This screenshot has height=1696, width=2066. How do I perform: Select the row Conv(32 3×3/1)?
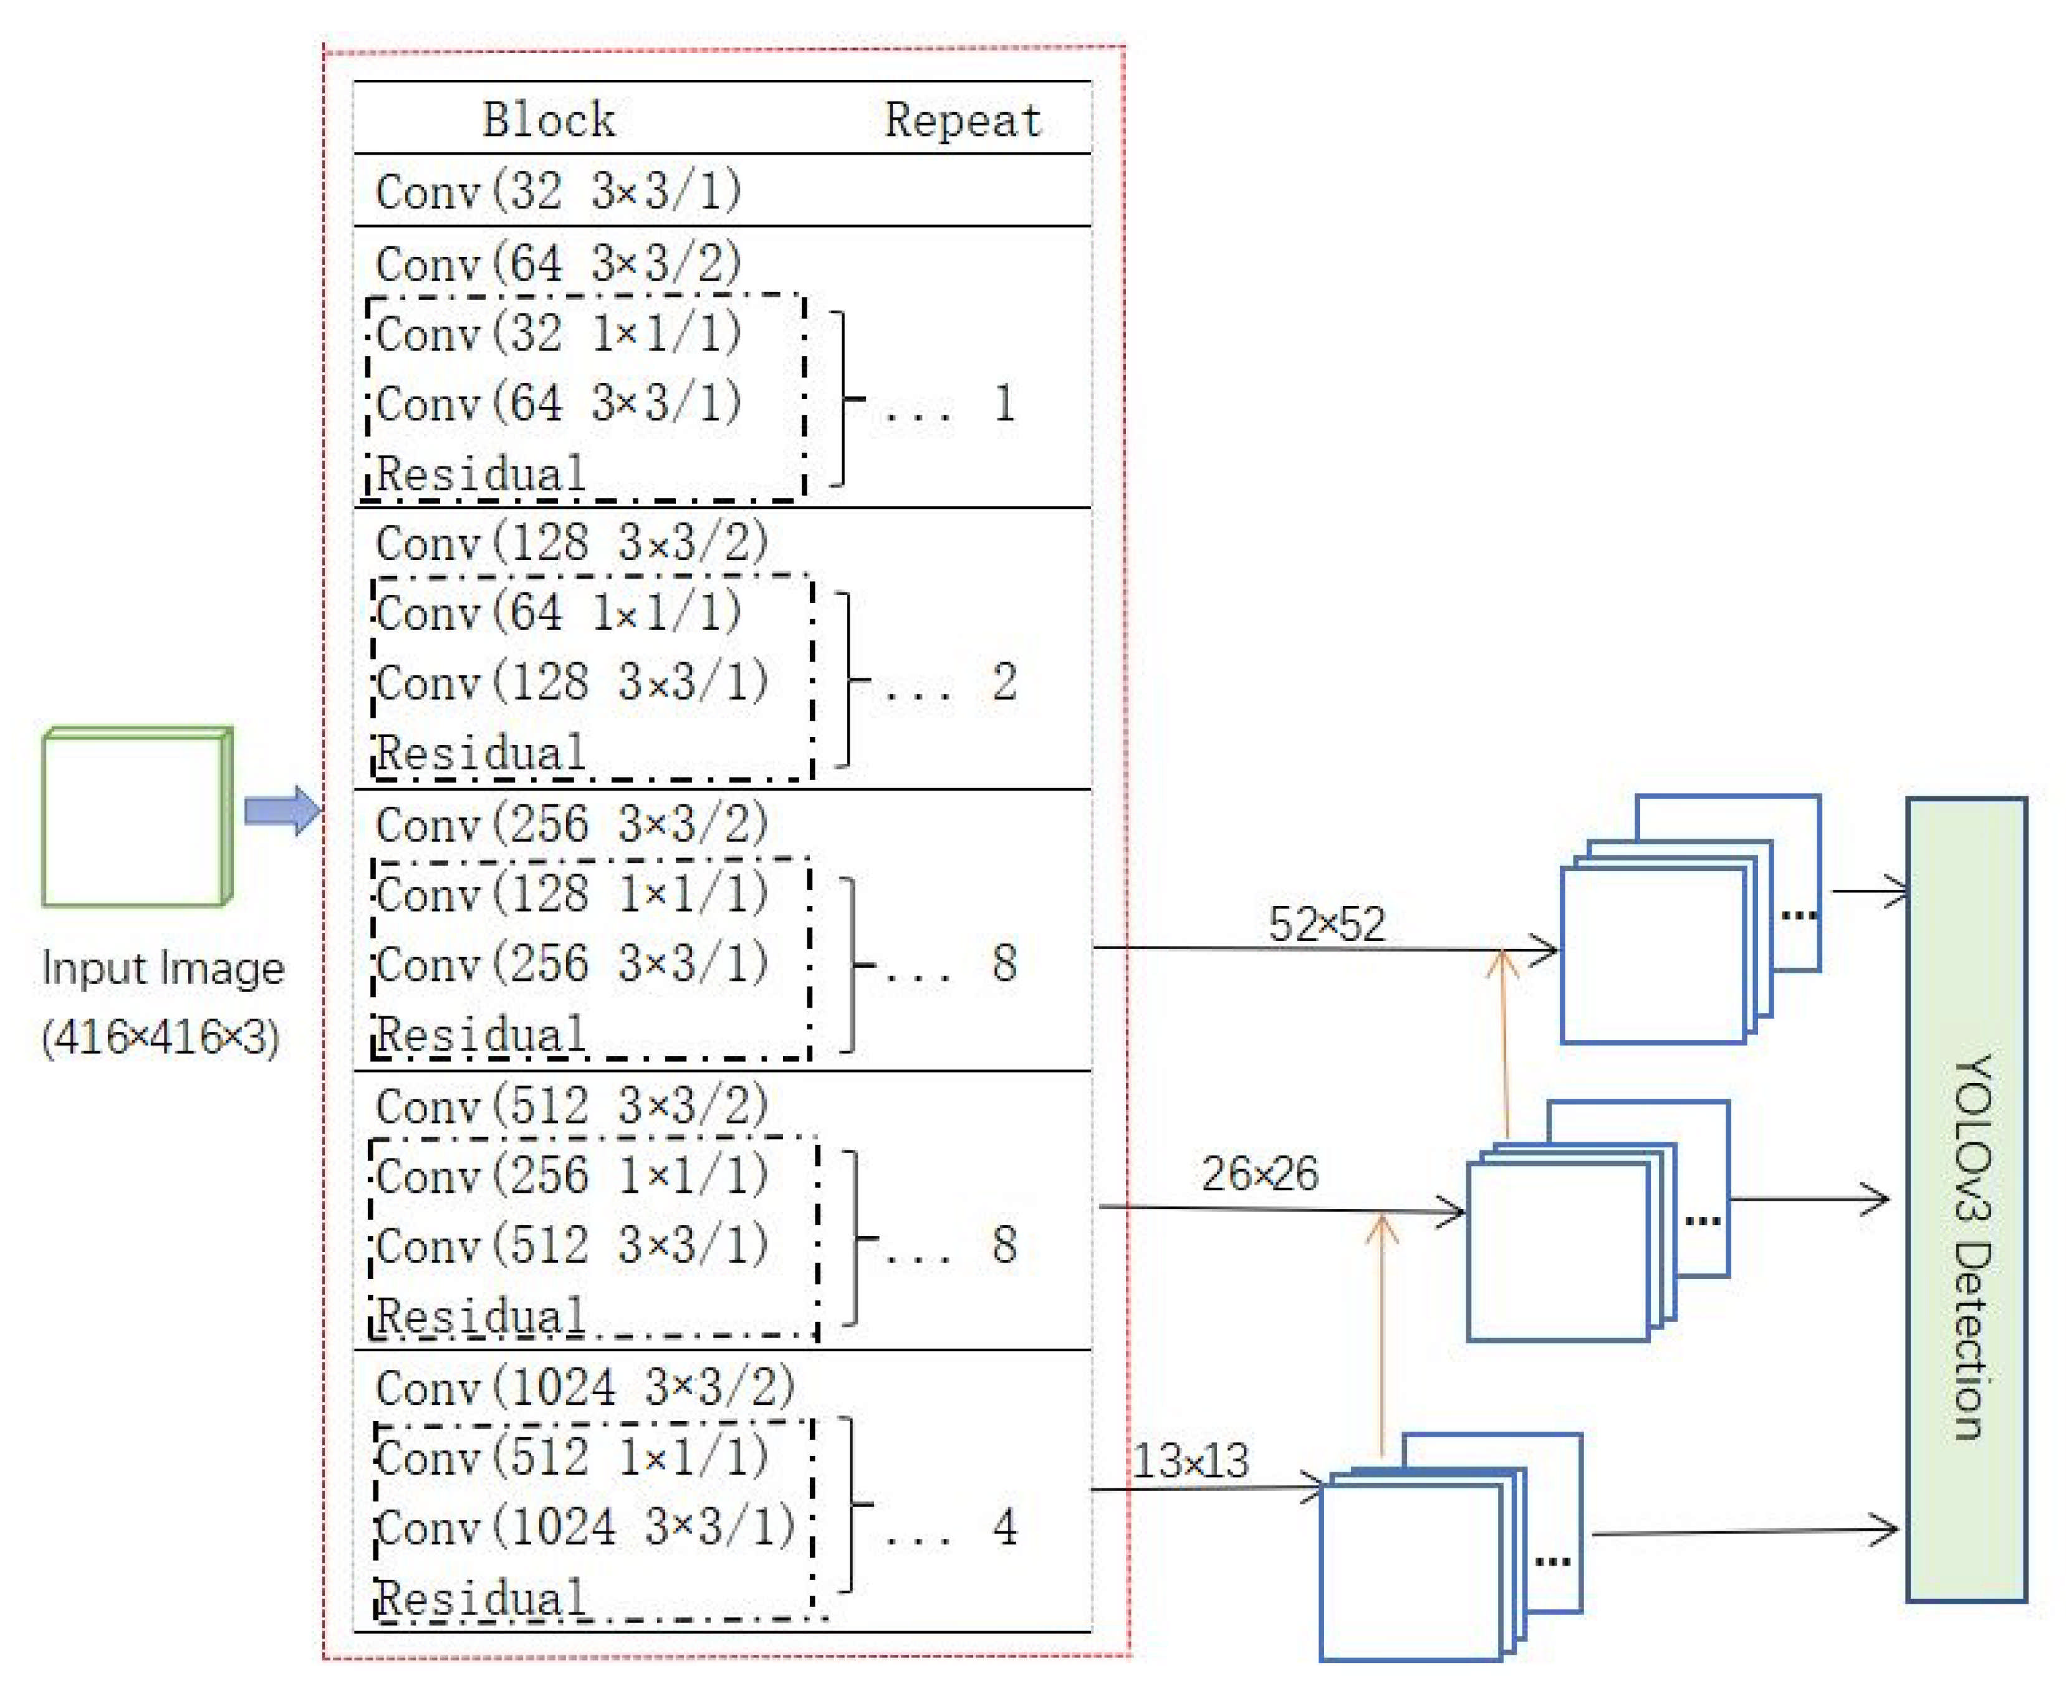pyautogui.click(x=558, y=191)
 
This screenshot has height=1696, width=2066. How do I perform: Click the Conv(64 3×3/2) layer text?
pyautogui.click(x=558, y=263)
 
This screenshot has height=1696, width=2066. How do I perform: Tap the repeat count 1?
pyautogui.click(x=1004, y=403)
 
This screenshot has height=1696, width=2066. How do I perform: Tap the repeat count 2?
pyautogui.click(x=1004, y=682)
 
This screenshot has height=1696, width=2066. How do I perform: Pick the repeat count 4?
pyautogui.click(x=1004, y=1526)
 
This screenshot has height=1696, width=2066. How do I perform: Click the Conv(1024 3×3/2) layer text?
pyautogui.click(x=584, y=1386)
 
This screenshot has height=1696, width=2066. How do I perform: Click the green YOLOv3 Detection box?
pyautogui.click(x=1966, y=1200)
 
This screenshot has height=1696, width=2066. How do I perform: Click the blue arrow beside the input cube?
pyautogui.click(x=281, y=810)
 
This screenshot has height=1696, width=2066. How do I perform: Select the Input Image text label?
pyautogui.click(x=162, y=969)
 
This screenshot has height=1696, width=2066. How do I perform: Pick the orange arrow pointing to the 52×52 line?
pyautogui.click(x=1504, y=1045)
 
